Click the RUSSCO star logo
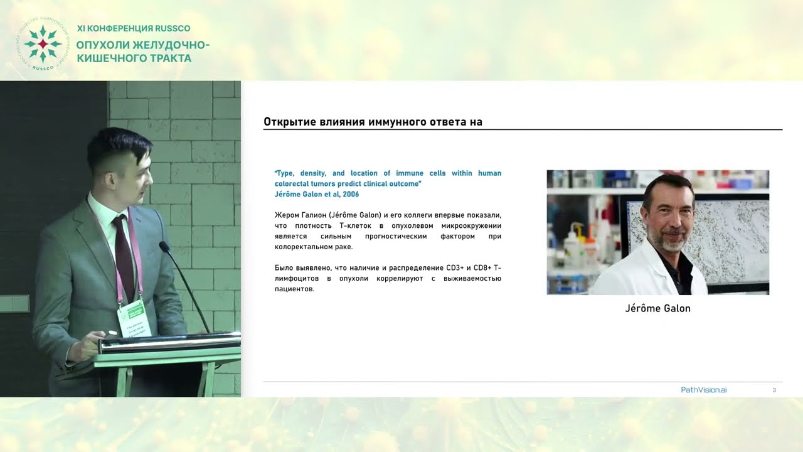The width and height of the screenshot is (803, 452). (x=42, y=44)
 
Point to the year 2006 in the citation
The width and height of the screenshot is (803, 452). (x=351, y=194)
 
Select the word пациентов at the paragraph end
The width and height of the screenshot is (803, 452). (x=294, y=289)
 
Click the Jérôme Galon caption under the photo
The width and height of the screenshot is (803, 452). (x=657, y=308)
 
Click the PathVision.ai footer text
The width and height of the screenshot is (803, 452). (x=704, y=390)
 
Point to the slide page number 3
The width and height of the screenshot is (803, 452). (x=774, y=390)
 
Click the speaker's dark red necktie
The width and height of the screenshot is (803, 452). (x=123, y=257)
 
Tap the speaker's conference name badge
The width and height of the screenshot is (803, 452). (x=134, y=318)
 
